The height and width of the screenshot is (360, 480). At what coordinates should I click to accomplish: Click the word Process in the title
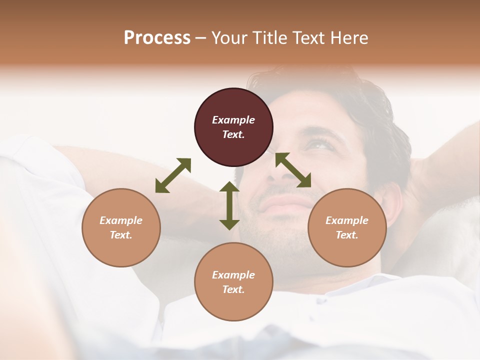pos(157,38)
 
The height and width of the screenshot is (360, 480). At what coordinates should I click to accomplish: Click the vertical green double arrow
pos(229,205)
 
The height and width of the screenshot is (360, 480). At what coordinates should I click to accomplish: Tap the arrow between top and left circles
pos(173,175)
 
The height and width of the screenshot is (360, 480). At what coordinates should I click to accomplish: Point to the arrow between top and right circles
pos(293,170)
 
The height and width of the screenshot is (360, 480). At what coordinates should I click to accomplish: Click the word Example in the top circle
pos(233,120)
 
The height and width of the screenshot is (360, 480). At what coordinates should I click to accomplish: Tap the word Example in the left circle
pos(121,220)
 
